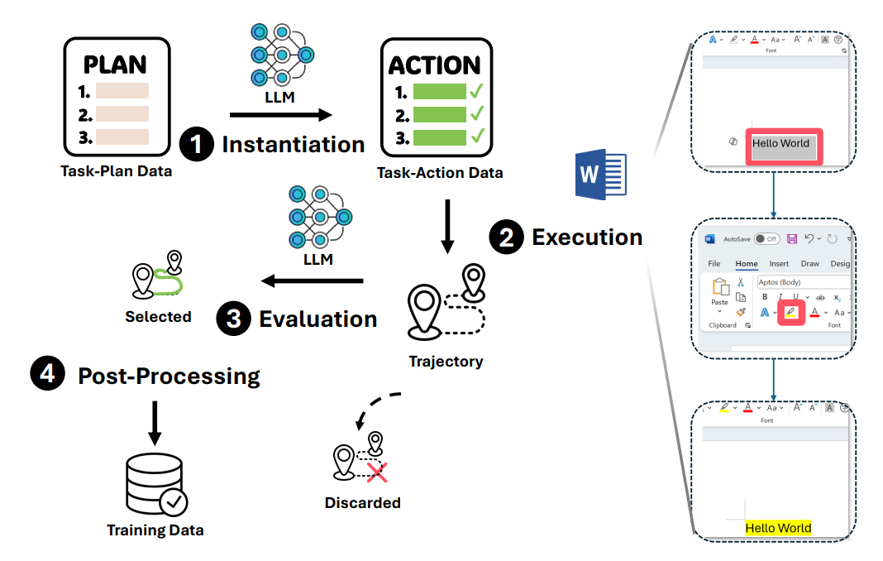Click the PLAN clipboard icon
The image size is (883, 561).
click(x=117, y=98)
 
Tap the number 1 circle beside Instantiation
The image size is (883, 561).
click(x=197, y=145)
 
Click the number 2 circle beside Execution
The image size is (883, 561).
click(x=506, y=237)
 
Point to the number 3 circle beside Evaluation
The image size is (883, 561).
click(x=234, y=319)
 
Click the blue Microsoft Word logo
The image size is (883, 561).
click(x=601, y=175)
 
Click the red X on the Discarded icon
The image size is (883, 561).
click(x=376, y=472)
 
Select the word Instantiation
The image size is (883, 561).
click(x=293, y=145)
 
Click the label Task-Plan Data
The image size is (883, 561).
click(x=116, y=172)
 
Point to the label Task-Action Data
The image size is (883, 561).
click(x=439, y=173)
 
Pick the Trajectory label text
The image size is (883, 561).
click(x=446, y=362)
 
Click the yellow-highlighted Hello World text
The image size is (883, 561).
click(x=778, y=528)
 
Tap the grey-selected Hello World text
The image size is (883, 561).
click(x=780, y=144)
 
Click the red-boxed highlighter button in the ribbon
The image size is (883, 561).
click(x=790, y=313)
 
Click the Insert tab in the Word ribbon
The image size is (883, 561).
click(x=779, y=264)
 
